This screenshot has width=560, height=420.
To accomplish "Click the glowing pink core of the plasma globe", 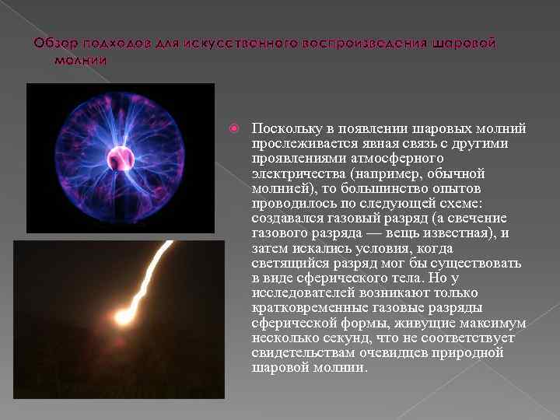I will point(121,156).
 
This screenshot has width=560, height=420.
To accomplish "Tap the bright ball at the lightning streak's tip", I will point(121,317).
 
